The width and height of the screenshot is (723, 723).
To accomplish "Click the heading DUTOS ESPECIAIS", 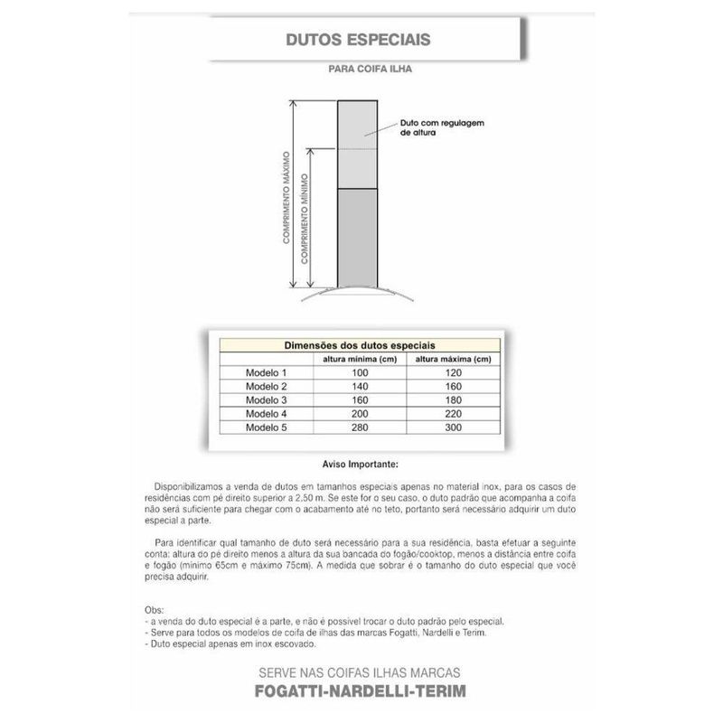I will (358, 41).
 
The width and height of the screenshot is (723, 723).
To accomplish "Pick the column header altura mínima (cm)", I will (361, 359).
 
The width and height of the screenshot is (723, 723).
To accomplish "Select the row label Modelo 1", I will (266, 372).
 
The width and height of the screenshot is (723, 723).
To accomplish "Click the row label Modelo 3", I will (266, 399).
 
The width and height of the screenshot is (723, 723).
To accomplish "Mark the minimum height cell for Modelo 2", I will (361, 386).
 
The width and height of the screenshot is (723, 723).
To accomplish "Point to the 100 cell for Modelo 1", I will (361, 372).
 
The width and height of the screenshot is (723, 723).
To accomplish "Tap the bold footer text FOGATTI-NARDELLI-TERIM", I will (360, 692).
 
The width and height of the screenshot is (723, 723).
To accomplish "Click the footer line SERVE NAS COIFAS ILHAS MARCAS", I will (360, 674).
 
